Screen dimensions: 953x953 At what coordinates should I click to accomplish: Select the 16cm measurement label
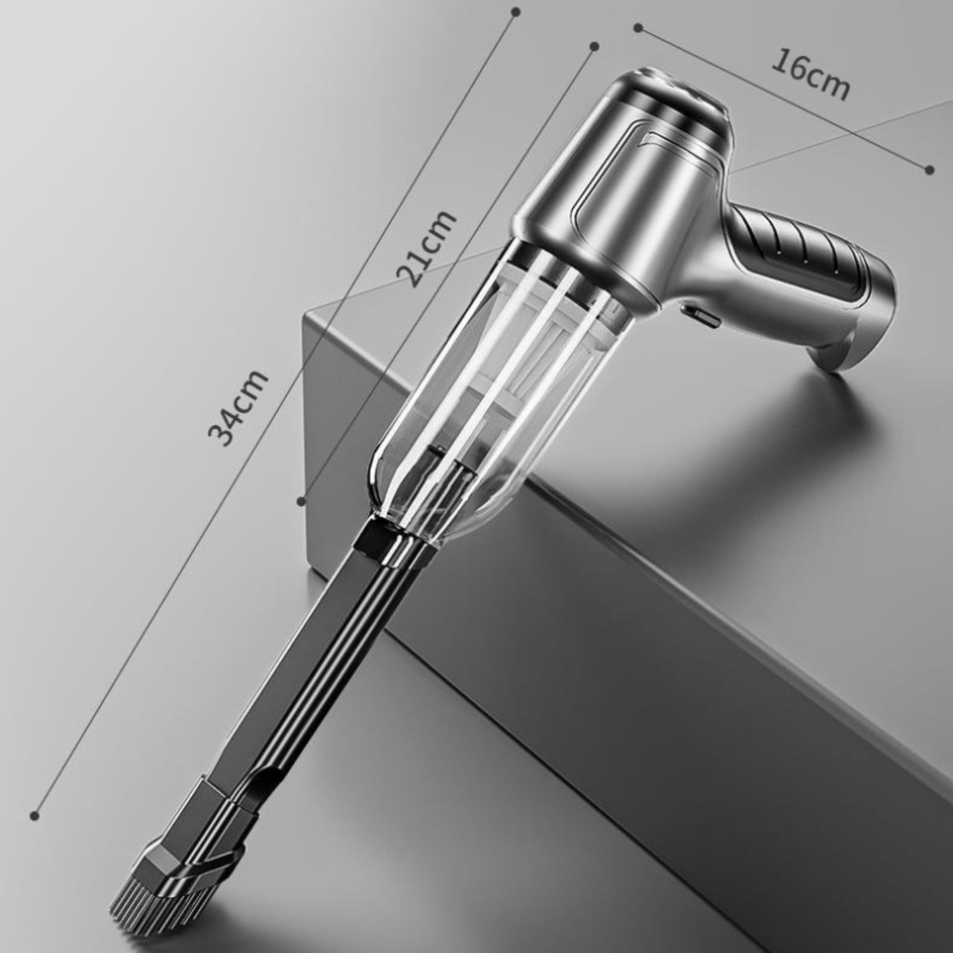click(x=810, y=75)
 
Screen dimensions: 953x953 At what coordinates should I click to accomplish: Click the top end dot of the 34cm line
click(x=517, y=10)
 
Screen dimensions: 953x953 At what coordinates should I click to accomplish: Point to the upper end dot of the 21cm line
click(x=595, y=47)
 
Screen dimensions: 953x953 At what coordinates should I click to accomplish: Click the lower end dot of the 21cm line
click(x=301, y=501)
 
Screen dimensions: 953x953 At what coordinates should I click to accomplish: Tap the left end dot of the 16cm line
click(x=638, y=28)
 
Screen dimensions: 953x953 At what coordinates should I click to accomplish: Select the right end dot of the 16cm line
click(x=930, y=170)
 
